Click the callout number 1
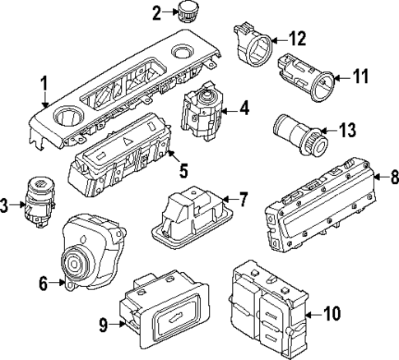point(45,82)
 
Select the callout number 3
point(5,206)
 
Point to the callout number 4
point(244,107)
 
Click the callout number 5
point(183,171)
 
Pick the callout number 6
point(44,284)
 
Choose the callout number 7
point(243,199)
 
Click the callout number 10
point(332,313)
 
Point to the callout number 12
point(297,38)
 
